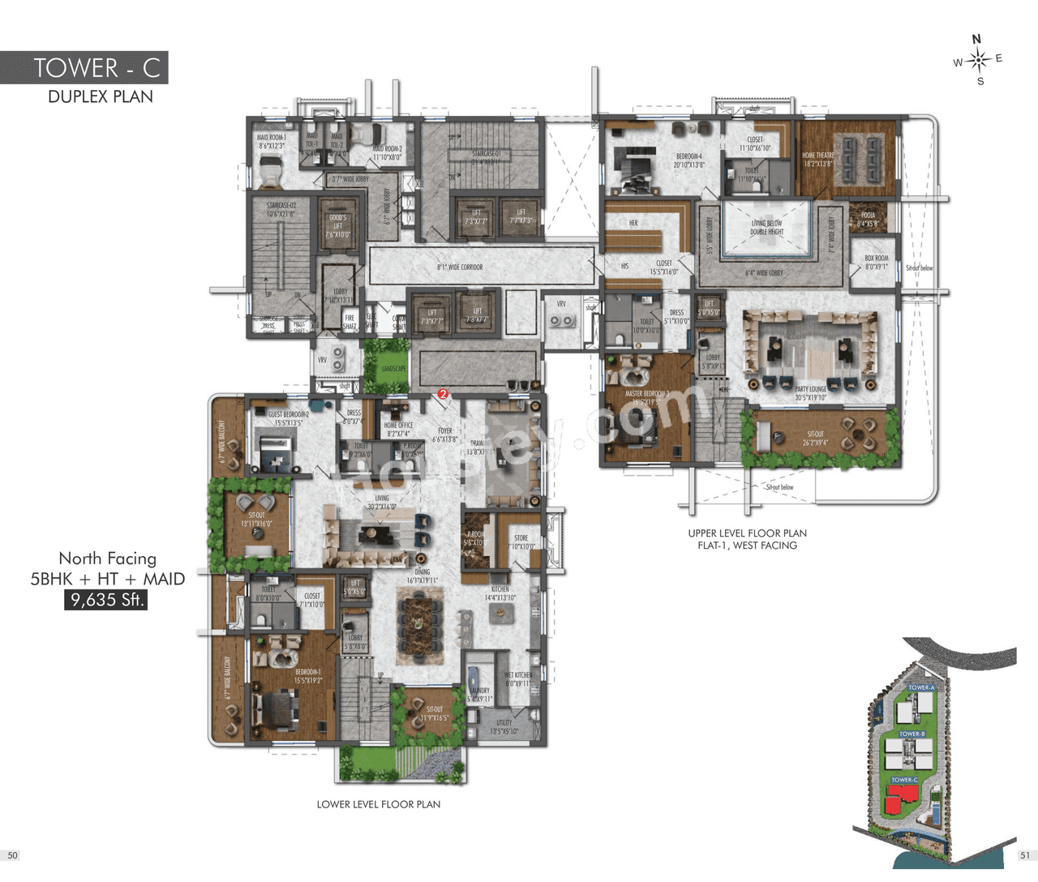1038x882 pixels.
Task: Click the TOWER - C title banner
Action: [x=84, y=67]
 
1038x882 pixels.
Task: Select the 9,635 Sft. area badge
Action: [x=106, y=600]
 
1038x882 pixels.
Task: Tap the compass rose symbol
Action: [x=978, y=60]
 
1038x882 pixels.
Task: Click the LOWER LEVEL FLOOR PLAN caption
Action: [x=378, y=804]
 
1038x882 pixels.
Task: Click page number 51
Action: [x=1025, y=855]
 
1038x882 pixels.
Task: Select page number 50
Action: [x=12, y=855]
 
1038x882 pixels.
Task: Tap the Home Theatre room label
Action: [x=817, y=159]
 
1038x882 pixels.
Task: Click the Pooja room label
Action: [x=867, y=219]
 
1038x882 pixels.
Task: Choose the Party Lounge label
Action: [x=810, y=393]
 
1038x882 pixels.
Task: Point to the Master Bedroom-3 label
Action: [x=646, y=397]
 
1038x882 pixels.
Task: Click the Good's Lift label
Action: [x=337, y=225]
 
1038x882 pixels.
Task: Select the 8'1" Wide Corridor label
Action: [x=460, y=267]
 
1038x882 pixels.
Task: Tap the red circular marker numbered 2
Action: [x=443, y=394]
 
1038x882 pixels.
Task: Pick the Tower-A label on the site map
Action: [x=921, y=687]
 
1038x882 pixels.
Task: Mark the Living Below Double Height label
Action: [x=766, y=227]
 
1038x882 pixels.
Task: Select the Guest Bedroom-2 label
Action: [x=288, y=418]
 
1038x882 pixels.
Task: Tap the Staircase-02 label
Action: [x=281, y=210]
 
